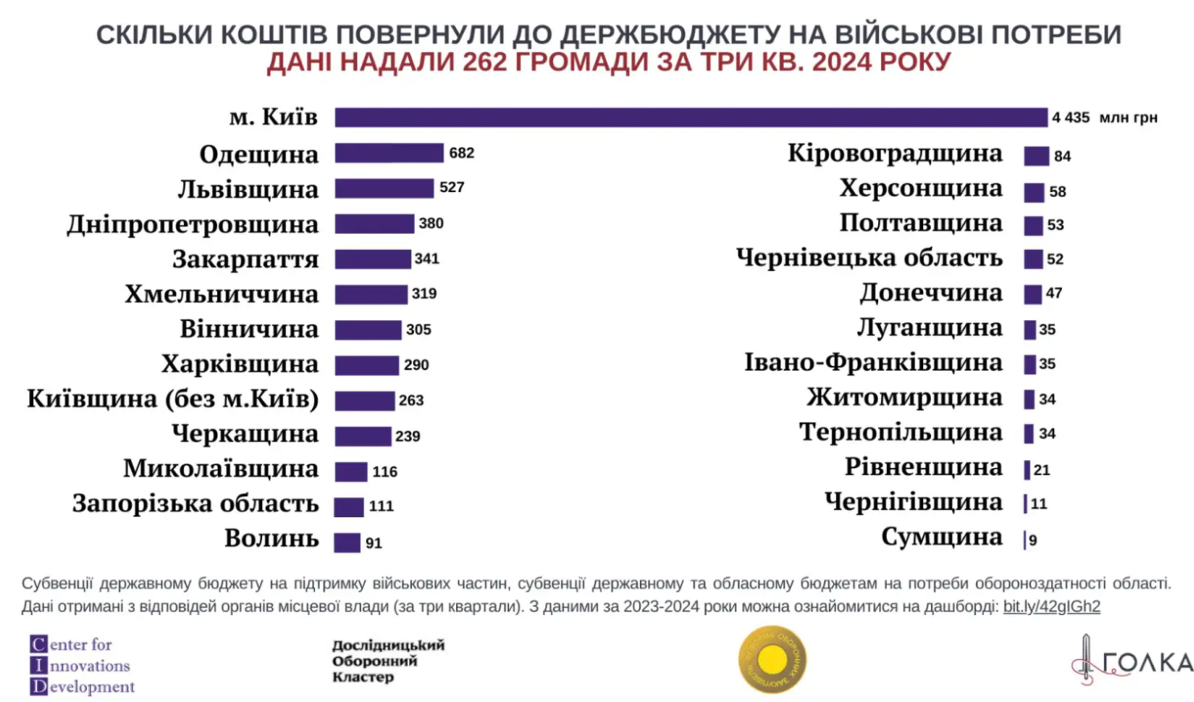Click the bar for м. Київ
click(691, 117)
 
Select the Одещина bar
click(389, 153)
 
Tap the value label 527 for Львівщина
click(452, 187)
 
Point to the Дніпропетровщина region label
click(193, 224)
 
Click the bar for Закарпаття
click(373, 259)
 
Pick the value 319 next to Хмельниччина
click(424, 294)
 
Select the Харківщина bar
click(367, 365)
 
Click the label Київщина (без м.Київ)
click(173, 399)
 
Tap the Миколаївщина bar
click(351, 471)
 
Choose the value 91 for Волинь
click(374, 544)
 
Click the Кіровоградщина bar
click(1036, 156)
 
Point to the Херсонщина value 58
click(1057, 191)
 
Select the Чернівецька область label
click(869, 258)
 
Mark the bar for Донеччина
click(1032, 294)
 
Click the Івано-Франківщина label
click(873, 363)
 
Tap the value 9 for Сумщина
click(1033, 540)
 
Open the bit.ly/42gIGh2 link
click(1051, 606)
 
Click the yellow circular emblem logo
click(772, 659)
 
